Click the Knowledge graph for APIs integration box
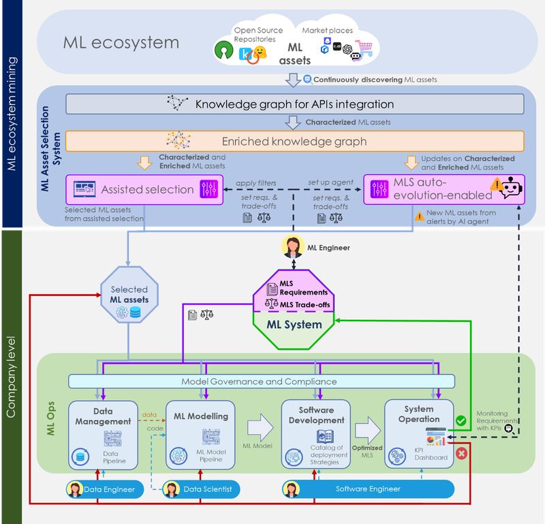[294, 104]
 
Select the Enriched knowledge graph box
[294, 142]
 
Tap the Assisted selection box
[144, 189]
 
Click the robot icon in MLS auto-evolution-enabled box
[511, 189]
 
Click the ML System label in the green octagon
[294, 325]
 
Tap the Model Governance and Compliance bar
[259, 382]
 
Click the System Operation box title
[418, 414]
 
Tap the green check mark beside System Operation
[461, 421]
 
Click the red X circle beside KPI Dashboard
[461, 453]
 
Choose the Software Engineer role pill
[369, 489]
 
